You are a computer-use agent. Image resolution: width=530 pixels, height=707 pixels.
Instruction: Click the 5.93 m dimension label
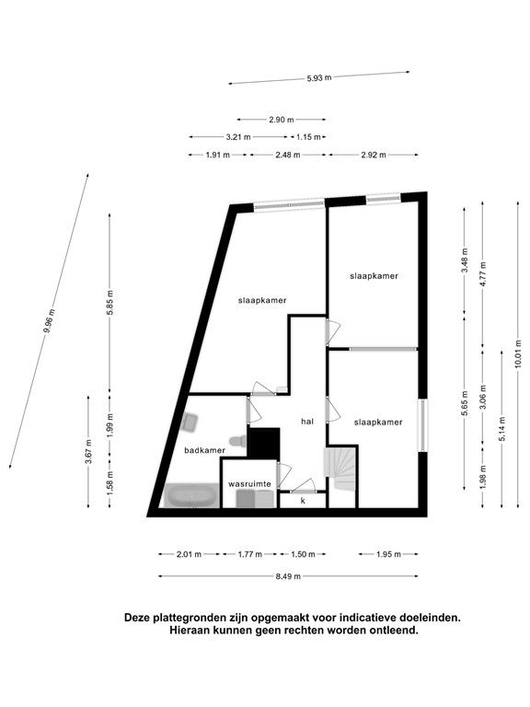point(319,77)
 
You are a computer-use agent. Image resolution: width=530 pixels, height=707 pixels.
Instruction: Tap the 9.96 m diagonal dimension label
point(49,320)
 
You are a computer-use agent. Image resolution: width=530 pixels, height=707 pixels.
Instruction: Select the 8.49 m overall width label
point(288,575)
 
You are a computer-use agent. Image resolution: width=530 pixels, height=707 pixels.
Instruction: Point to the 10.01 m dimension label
point(518,353)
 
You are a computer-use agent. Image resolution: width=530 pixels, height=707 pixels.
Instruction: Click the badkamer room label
point(204,450)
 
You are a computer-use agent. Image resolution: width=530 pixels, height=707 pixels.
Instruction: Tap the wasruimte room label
point(249,484)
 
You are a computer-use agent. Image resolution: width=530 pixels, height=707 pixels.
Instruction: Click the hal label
point(307,421)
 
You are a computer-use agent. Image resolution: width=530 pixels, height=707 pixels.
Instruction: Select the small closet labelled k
point(303,501)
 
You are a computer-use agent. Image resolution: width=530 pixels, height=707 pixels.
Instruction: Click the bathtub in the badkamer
point(191,495)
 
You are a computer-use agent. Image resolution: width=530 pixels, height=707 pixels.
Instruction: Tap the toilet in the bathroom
point(237,440)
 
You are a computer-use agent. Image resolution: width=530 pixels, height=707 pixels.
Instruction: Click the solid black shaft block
point(264,443)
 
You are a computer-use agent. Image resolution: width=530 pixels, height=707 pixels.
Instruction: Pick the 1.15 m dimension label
point(308,136)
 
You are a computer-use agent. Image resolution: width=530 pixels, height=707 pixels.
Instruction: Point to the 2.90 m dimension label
point(282,120)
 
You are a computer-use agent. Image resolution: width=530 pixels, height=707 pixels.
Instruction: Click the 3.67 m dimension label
point(88,451)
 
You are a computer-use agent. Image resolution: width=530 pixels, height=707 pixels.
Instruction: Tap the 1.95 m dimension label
point(388,554)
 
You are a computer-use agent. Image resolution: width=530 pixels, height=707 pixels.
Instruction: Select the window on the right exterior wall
point(422,425)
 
